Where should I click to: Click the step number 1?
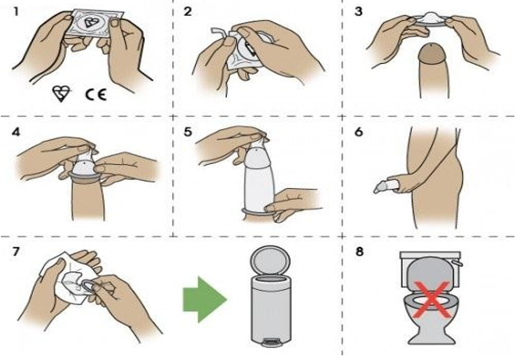coord(16,12)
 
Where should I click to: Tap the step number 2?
coord(188,12)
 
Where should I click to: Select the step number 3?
coord(358,12)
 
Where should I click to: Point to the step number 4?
coord(16,132)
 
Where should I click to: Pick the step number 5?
coord(188,132)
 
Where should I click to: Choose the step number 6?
coord(358,132)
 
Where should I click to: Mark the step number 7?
coord(16,252)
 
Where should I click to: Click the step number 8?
coord(359,252)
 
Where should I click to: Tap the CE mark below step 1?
coord(96,95)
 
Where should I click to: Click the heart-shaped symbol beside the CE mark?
coord(61,93)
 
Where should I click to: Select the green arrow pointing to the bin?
coord(205,299)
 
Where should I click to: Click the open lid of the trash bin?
coord(270,260)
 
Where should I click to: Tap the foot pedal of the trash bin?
coord(272,342)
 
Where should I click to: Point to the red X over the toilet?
coord(432,299)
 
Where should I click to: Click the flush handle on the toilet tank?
coord(459,263)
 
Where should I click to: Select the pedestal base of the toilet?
coord(432,333)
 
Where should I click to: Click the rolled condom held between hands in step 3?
coord(430,19)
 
